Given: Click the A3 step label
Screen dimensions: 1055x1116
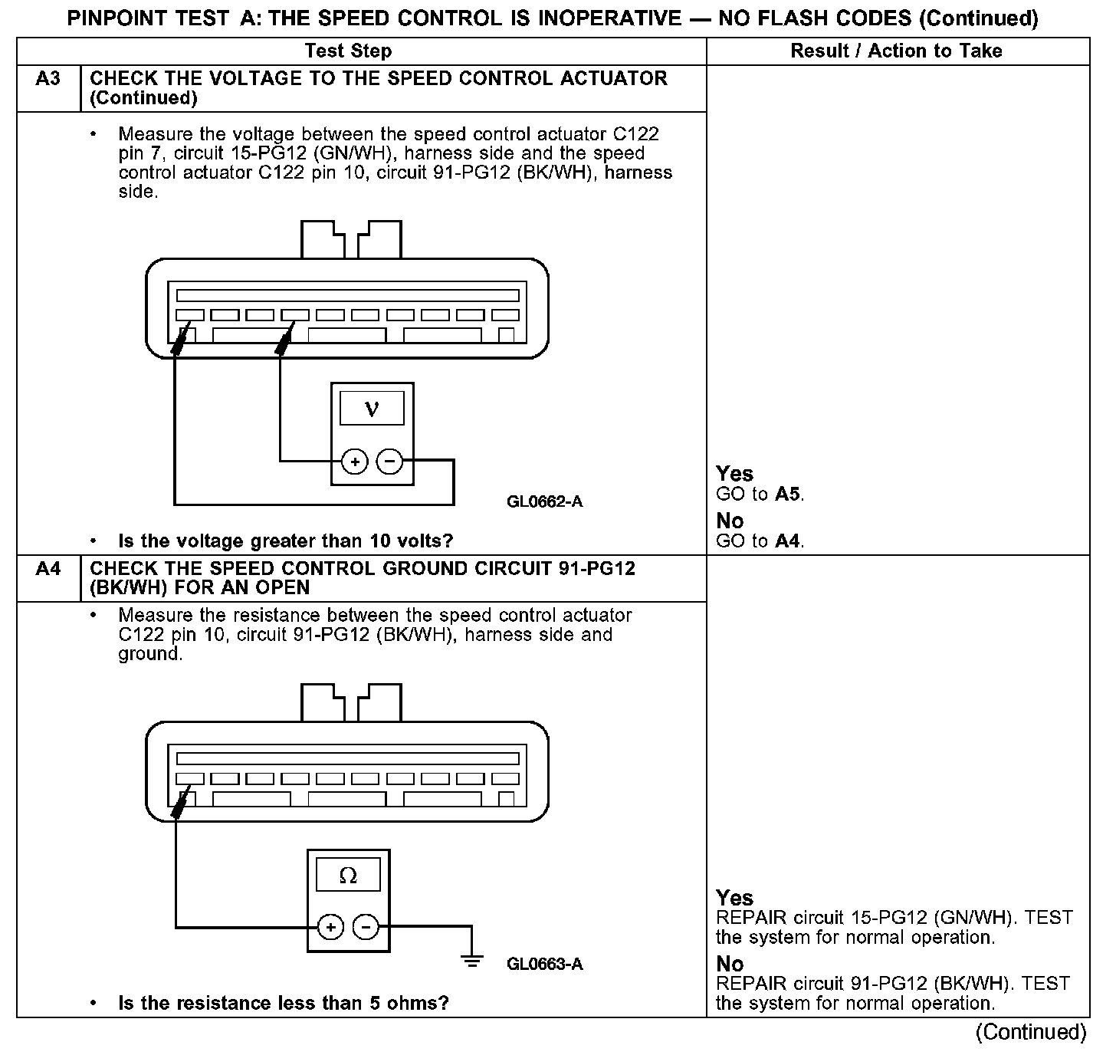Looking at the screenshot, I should pos(48,79).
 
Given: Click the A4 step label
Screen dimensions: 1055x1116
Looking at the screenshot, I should pos(48,569).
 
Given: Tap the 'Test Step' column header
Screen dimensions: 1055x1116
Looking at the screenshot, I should pos(348,51).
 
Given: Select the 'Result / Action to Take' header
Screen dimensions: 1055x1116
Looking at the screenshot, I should pos(896,51).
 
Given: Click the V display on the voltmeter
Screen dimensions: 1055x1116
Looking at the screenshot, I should pos(372,408).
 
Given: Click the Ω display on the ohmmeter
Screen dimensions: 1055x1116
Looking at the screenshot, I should pos(348,875).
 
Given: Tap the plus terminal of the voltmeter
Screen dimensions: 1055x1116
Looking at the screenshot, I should pos(354,462).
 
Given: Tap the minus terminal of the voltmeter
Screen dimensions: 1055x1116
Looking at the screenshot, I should pos(390,462).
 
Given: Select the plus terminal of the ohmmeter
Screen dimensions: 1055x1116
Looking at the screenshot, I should pos(330,927).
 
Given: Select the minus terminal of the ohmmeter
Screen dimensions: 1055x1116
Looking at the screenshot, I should pos(366,927).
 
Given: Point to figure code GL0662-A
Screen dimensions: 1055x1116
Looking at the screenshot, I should pos(544,502).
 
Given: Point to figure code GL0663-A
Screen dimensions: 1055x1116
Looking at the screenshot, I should pos(544,964).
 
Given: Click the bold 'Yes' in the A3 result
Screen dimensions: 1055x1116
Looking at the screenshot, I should pos(734,474).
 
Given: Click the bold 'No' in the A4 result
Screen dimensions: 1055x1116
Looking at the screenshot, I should pos(730,964).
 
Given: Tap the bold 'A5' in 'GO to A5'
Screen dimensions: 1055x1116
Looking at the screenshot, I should pos(788,495).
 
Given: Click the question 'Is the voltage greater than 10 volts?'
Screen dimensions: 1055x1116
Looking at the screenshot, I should pos(285,541).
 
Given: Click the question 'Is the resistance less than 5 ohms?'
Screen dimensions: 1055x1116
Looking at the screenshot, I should pos(283,1003).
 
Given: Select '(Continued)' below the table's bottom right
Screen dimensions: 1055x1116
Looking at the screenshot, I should pos(1031,1032).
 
